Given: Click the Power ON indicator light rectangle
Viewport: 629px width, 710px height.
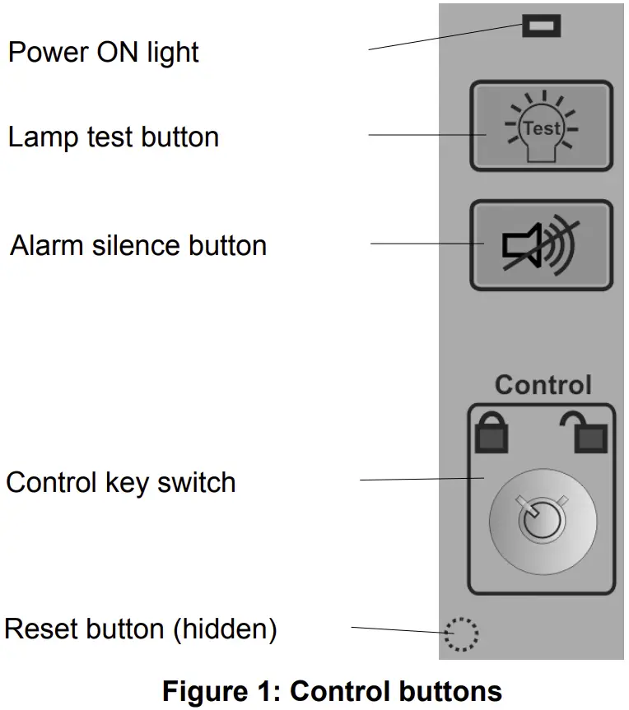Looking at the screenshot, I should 541,26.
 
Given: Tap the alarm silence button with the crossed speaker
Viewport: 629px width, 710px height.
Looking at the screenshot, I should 541,245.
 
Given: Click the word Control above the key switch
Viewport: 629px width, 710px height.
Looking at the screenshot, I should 543,385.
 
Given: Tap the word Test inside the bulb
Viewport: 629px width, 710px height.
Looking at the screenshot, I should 543,128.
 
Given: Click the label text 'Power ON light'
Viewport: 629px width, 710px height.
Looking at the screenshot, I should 103,53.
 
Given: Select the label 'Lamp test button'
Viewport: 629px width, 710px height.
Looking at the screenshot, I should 114,137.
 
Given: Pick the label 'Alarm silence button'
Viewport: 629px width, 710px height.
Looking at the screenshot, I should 138,245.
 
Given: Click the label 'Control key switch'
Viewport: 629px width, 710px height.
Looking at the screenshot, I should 121,482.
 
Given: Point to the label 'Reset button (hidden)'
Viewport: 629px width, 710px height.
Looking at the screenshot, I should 140,629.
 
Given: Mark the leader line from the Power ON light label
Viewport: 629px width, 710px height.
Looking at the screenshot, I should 445,38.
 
